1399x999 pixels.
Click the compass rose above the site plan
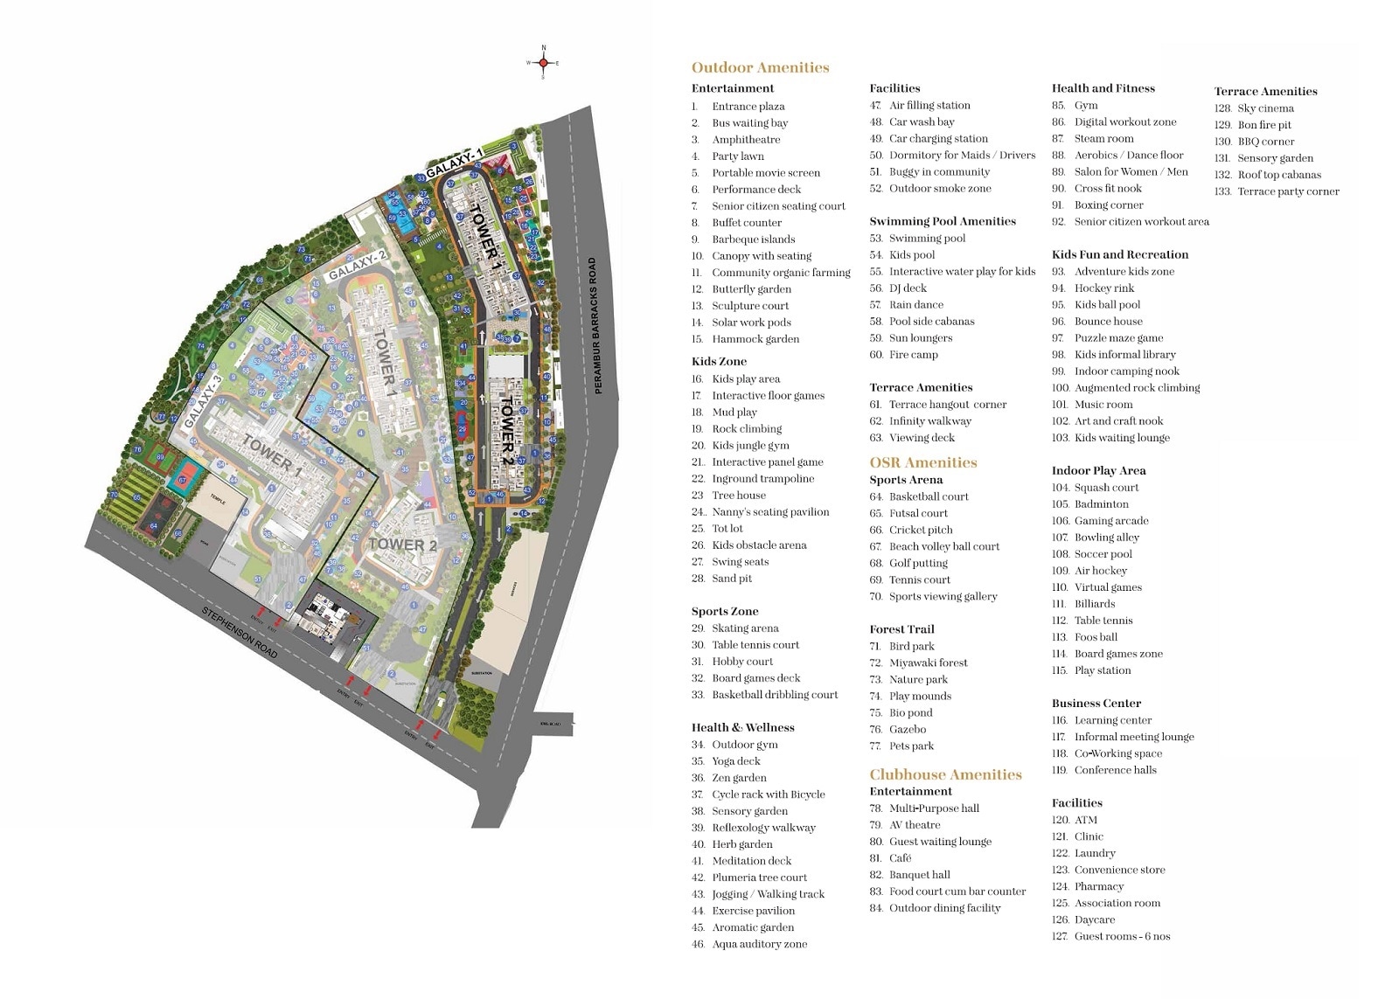(543, 63)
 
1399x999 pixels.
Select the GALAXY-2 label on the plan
(357, 265)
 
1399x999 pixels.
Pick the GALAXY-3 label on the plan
(203, 402)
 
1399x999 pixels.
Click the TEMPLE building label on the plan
(217, 502)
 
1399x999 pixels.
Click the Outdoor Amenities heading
(760, 67)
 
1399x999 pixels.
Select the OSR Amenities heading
(922, 462)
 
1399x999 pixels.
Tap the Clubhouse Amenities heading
(945, 774)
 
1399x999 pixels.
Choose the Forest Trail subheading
(901, 629)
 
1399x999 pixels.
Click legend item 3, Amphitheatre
(746, 140)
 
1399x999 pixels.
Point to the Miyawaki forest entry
(928, 663)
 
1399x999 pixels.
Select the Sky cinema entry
(1265, 108)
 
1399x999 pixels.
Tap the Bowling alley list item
(1106, 538)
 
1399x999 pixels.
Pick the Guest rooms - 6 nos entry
(1122, 936)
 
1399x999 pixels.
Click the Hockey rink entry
(1103, 288)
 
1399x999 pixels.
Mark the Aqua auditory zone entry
(759, 944)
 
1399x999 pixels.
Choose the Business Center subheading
(1096, 704)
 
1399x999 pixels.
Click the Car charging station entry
(938, 139)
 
